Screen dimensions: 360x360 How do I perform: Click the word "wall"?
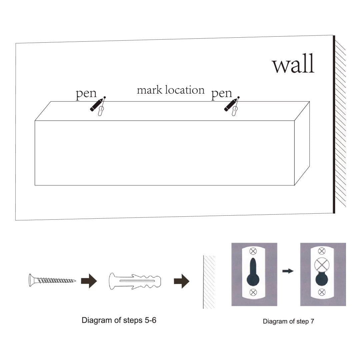[293, 65]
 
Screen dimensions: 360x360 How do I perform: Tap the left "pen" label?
[86, 94]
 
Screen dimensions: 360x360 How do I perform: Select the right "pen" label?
[222, 94]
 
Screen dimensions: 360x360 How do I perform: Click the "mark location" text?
[171, 90]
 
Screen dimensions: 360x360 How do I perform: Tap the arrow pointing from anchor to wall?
[181, 281]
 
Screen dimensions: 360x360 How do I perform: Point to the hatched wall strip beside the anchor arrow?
[209, 282]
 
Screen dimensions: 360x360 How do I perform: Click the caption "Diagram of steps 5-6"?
[119, 321]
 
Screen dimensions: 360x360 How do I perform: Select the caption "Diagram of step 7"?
[288, 321]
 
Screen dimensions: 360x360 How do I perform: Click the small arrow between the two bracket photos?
[288, 271]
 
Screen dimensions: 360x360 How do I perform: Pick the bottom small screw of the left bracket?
[253, 292]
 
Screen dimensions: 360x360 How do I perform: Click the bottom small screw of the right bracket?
[322, 292]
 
